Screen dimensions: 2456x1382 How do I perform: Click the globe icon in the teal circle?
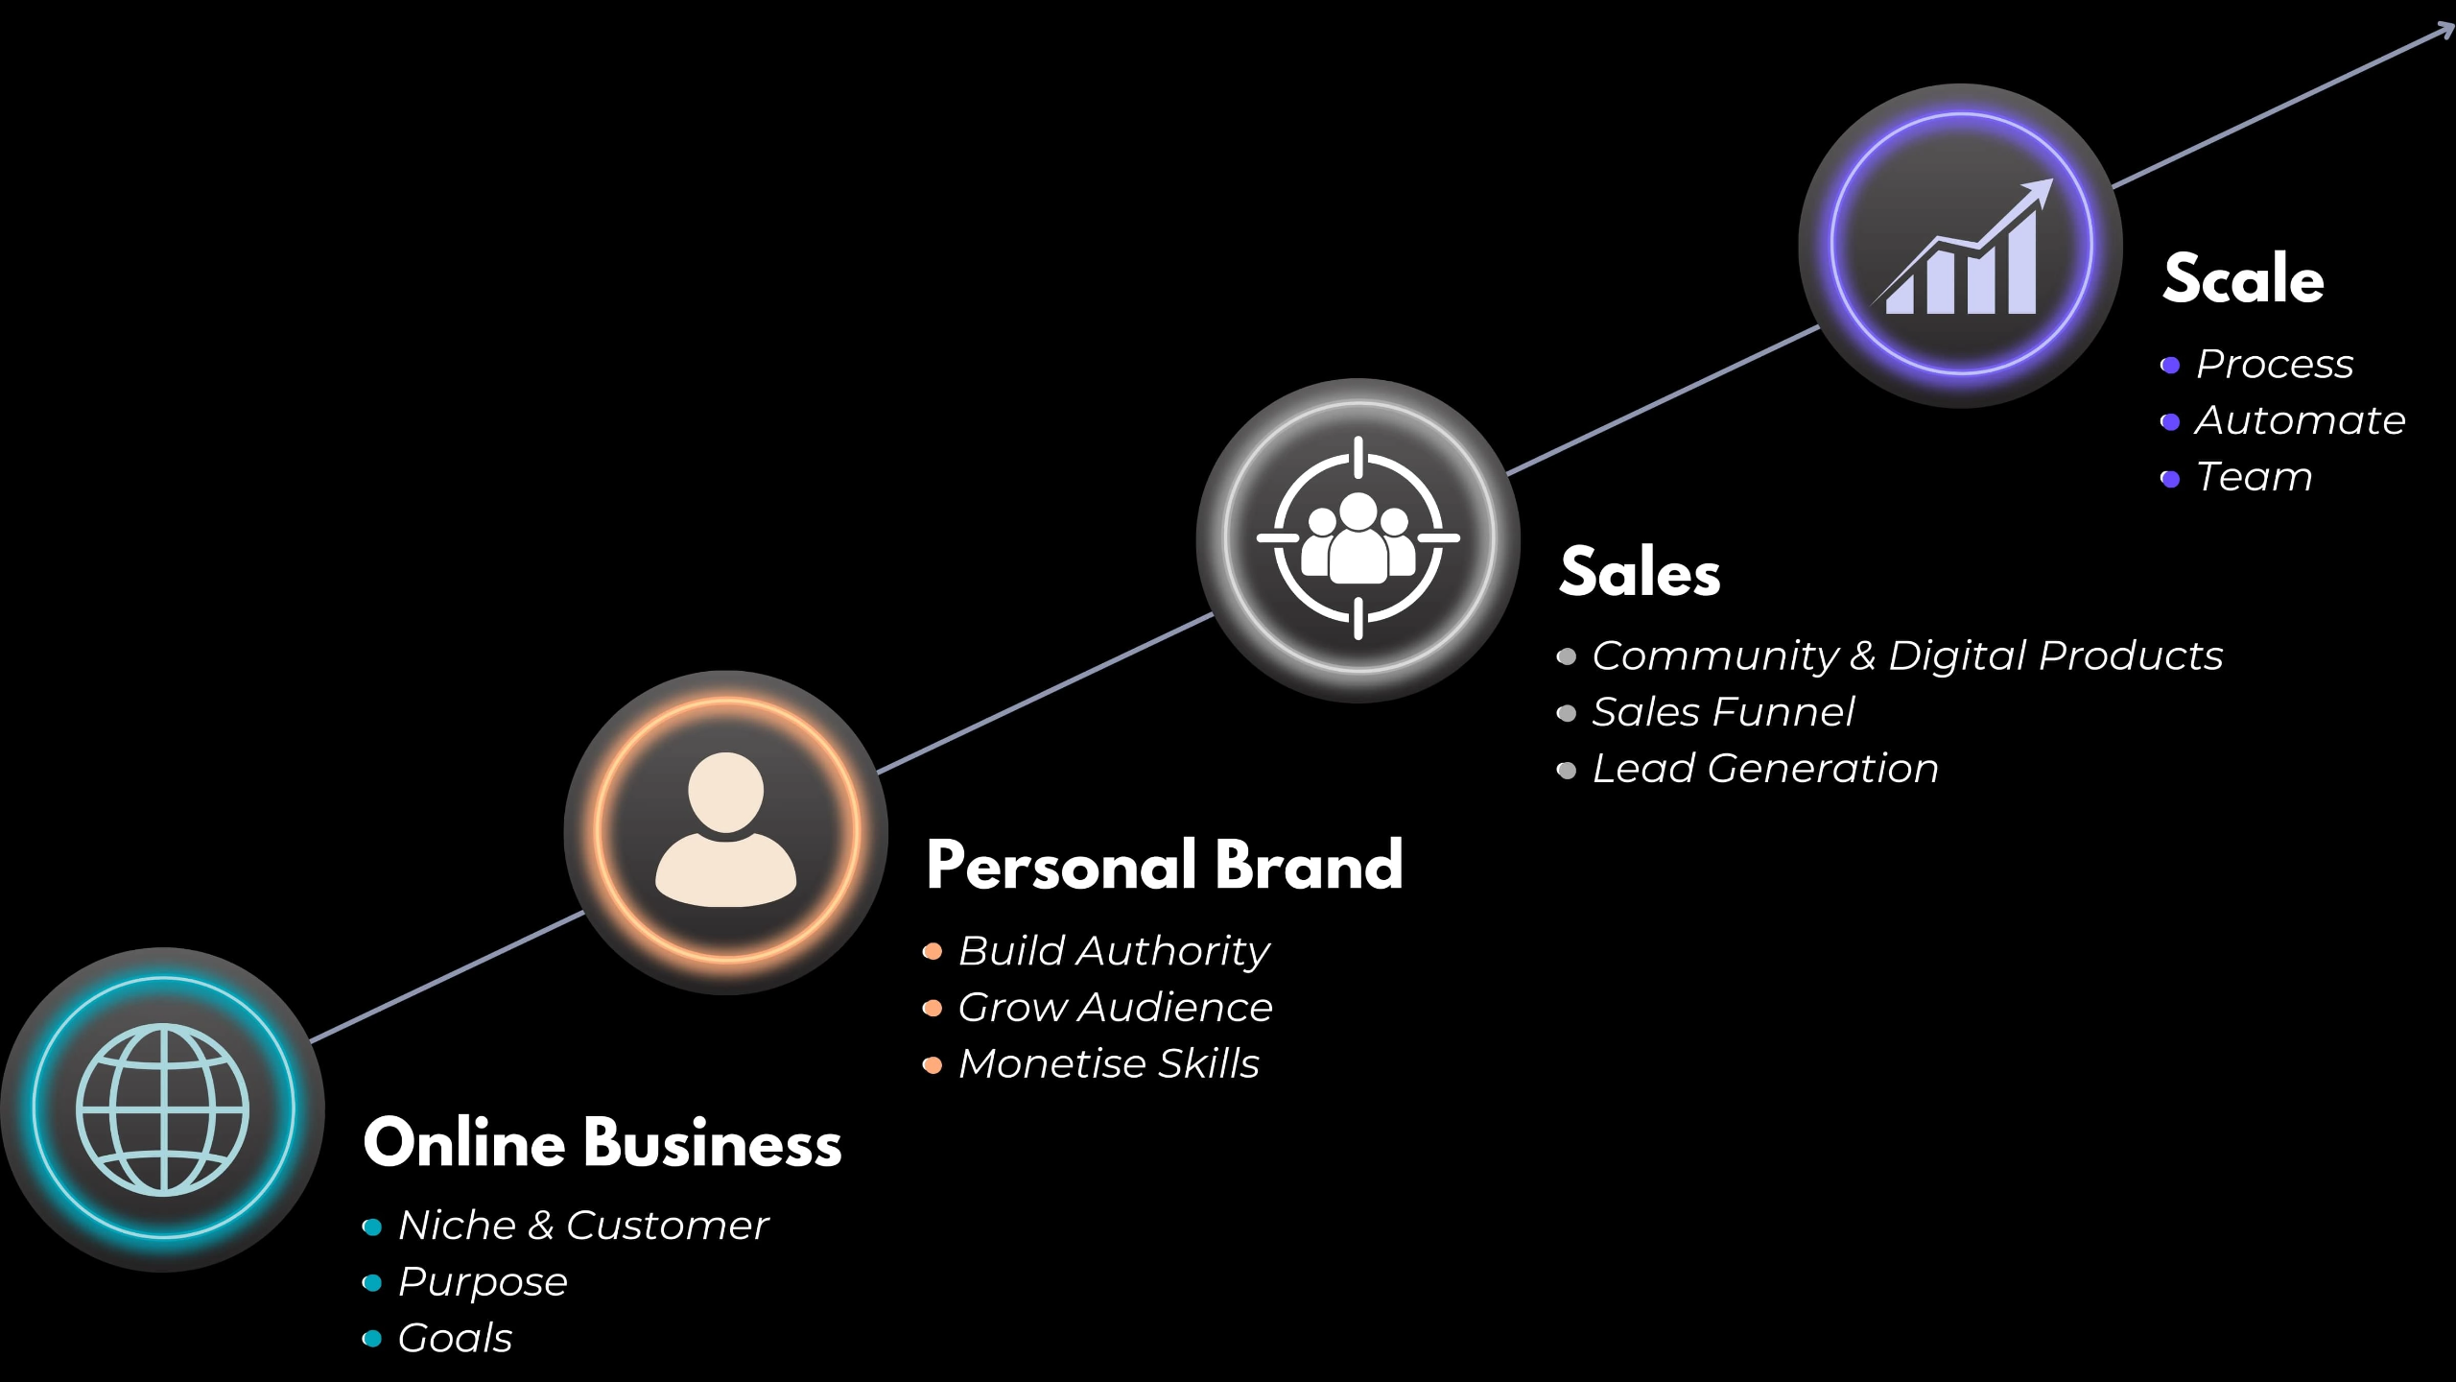163,1109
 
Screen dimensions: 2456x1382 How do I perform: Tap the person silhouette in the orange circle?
726,831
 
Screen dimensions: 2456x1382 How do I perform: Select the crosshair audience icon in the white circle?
1358,538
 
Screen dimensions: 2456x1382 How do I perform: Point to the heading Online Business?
602,1144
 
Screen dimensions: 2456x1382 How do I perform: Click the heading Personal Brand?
1165,866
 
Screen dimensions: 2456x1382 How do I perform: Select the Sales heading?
1640,573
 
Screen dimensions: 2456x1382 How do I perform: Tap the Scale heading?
2243,279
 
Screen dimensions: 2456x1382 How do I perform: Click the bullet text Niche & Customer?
583,1226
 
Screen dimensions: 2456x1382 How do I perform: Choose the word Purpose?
483,1282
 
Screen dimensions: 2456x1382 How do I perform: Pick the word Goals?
455,1339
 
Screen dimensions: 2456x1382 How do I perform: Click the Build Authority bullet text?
1114,951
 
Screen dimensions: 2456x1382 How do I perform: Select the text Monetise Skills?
1108,1064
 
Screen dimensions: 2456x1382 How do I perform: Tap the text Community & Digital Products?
1907,656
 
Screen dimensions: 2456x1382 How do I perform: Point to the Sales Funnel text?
1723,713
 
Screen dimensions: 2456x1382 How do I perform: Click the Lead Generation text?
1765,770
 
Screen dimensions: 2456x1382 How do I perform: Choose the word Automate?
2300,421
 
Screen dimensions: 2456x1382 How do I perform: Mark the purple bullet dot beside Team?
2170,479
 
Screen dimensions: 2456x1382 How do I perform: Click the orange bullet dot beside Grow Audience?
932,1009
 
